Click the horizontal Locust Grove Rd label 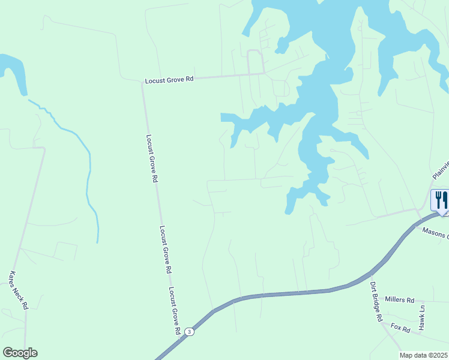(169, 79)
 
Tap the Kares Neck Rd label (19, 290)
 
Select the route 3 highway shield (189, 331)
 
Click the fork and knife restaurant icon (440, 199)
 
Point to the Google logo (20, 353)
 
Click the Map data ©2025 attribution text (424, 355)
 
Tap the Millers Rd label (400, 299)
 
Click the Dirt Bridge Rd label (376, 302)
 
